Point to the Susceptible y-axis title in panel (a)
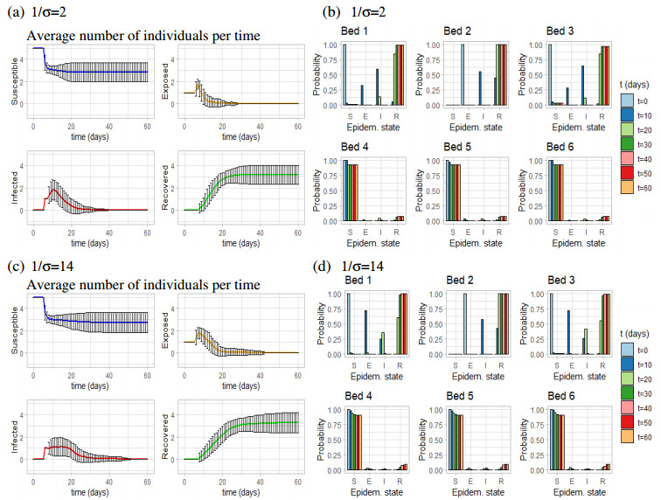(13, 79)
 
